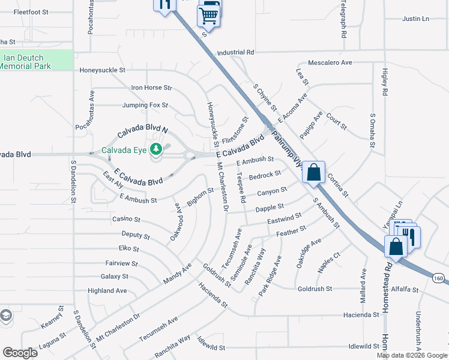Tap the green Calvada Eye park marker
[x=156, y=149]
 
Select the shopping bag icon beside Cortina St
[x=313, y=173]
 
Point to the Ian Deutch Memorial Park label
[x=26, y=62]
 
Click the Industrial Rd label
[x=236, y=53]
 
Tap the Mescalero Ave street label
[x=330, y=62]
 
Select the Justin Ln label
[x=416, y=19]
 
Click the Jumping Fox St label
[x=145, y=105]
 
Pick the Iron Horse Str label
[x=151, y=88]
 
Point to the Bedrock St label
[x=265, y=175]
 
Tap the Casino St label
[x=126, y=220]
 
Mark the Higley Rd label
[x=385, y=82]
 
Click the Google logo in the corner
[x=20, y=352]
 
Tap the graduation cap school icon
[x=5, y=316]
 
